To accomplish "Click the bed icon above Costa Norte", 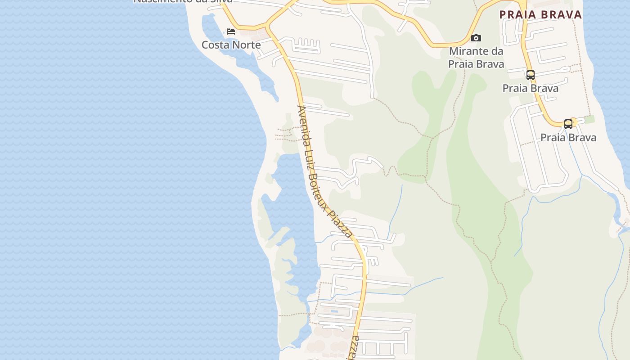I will [x=231, y=31].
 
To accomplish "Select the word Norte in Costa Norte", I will [x=247, y=45].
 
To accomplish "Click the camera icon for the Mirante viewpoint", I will [x=476, y=38].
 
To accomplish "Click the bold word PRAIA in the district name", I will [x=517, y=15].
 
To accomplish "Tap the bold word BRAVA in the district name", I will [x=562, y=15].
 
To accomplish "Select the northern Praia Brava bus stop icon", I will [x=531, y=75].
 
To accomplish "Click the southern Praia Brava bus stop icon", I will [x=568, y=124].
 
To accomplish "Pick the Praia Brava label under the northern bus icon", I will [x=531, y=88].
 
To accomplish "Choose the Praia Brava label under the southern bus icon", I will [x=568, y=138].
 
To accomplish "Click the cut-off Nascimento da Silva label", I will [x=183, y=1].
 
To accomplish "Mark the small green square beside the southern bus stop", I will [x=589, y=119].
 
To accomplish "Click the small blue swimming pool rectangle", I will [x=334, y=311].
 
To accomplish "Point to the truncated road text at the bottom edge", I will [x=354, y=348].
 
